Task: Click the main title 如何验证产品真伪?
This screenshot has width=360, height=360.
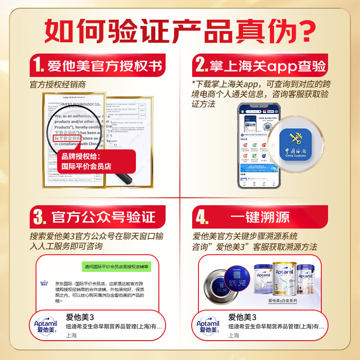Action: (x=180, y=31)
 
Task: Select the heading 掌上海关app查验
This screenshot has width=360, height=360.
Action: (x=267, y=67)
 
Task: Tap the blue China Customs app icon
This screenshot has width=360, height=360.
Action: (x=295, y=144)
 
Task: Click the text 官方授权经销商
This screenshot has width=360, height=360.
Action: (x=58, y=85)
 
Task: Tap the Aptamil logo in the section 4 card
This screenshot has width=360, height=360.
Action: (x=208, y=325)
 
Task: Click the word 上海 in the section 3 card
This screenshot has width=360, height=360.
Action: (x=72, y=335)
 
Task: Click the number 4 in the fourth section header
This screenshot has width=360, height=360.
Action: (x=201, y=217)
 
